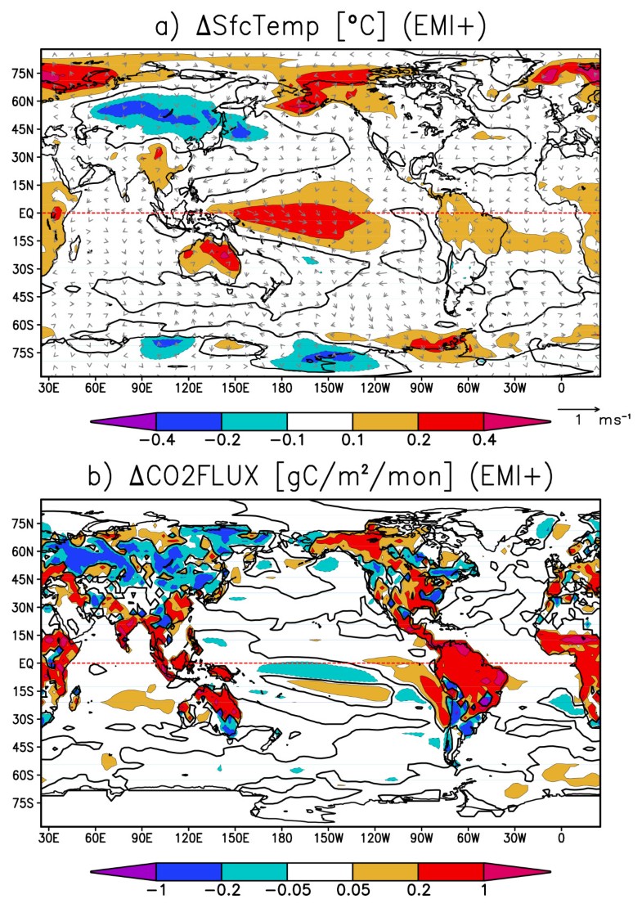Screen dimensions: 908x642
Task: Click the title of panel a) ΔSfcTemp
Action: [321, 26]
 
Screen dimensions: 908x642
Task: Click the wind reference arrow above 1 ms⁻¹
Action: [579, 407]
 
